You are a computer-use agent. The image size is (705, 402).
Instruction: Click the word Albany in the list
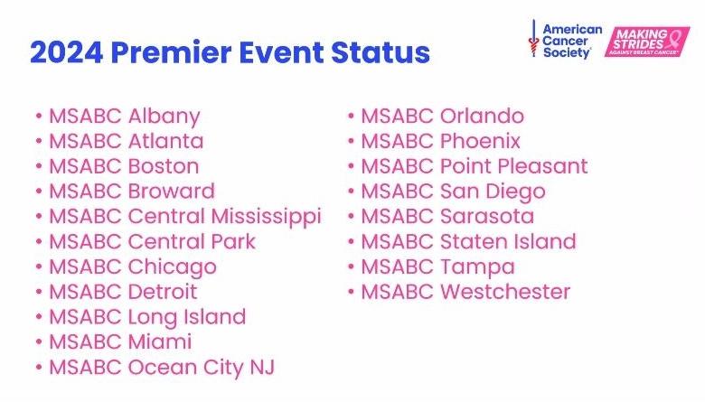[x=164, y=117]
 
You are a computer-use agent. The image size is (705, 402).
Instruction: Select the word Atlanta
[x=165, y=142]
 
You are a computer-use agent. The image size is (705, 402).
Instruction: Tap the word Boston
[x=163, y=167]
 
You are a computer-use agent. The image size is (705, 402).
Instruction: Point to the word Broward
[x=171, y=192]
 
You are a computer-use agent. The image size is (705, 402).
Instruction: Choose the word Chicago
[x=172, y=267]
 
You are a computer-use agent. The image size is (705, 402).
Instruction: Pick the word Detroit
[x=162, y=292]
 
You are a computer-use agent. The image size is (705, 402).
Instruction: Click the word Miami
[x=159, y=341]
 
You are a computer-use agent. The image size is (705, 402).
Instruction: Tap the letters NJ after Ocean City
[x=261, y=367]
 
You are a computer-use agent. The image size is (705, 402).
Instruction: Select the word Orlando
[x=481, y=117]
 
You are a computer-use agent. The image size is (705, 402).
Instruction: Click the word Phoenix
[x=479, y=142]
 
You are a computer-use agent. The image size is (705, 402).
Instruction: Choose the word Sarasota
[x=486, y=217]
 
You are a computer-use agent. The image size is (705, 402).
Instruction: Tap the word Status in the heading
[x=380, y=52]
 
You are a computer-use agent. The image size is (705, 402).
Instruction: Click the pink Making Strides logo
[x=646, y=42]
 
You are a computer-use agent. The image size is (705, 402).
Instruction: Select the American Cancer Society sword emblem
[x=534, y=39]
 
